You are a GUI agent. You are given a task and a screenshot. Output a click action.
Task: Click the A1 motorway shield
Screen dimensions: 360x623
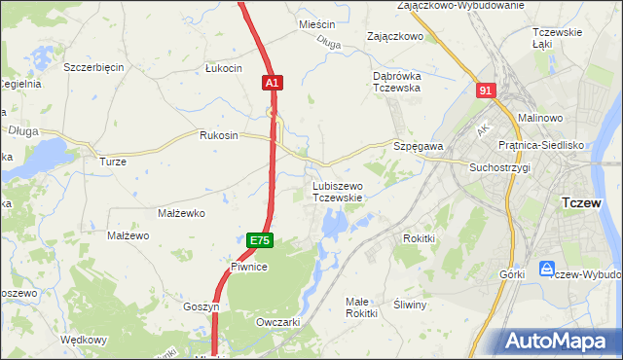click(273, 85)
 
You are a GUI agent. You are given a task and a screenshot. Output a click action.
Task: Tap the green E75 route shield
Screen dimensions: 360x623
click(258, 239)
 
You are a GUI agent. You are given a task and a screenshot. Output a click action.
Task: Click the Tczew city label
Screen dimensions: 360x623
click(586, 202)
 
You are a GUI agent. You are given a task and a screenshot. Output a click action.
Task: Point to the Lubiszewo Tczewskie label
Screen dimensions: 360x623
click(338, 191)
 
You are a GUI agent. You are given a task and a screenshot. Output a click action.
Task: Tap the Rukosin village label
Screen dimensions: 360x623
click(218, 135)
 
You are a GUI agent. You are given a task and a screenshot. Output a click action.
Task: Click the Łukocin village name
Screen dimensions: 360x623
click(223, 68)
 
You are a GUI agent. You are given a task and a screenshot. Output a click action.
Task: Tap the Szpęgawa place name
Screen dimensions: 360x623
click(419, 145)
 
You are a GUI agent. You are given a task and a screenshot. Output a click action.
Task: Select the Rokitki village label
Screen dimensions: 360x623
click(419, 237)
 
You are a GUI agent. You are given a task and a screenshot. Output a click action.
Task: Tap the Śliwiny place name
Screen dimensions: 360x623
click(411, 305)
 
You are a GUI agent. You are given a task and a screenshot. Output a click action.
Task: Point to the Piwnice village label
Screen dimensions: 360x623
click(249, 266)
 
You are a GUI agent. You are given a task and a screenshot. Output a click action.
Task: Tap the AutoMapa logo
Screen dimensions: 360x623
click(559, 340)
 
